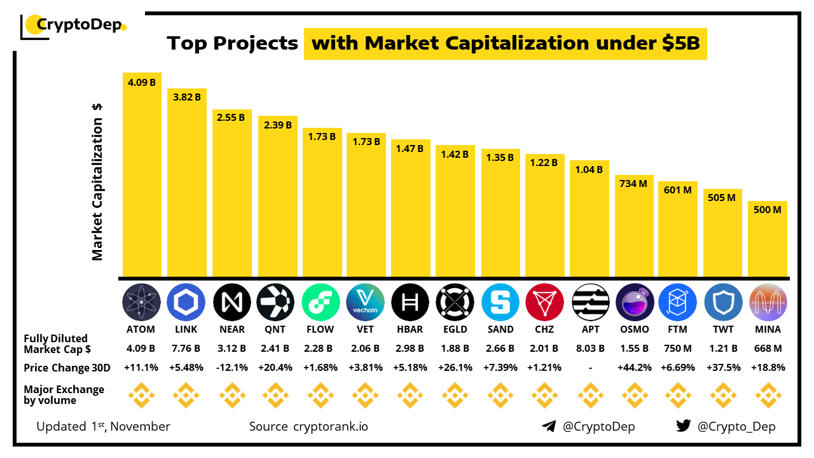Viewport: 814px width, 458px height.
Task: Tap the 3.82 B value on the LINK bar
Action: tap(186, 97)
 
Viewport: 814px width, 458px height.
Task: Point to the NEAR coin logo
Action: tap(231, 302)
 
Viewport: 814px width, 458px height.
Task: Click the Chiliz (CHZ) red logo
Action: tap(544, 302)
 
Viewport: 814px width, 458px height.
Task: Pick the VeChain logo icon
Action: tap(366, 302)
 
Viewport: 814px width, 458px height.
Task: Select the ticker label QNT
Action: tap(276, 330)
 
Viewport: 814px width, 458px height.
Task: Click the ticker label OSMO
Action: tap(634, 330)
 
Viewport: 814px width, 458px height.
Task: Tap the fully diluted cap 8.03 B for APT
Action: tap(589, 349)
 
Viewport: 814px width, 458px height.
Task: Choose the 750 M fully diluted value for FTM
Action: tap(679, 349)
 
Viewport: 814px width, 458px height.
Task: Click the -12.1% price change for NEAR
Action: tap(231, 368)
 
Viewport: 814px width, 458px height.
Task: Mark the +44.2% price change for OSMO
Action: tap(634, 368)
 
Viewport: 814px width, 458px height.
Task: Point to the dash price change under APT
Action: tap(589, 368)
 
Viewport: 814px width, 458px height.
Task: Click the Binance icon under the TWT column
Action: tap(723, 395)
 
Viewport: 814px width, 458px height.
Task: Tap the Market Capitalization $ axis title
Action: tap(97, 181)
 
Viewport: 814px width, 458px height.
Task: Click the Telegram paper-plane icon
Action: tap(549, 426)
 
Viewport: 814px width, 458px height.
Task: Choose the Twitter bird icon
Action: tap(684, 426)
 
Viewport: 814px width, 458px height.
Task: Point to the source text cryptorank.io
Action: tap(330, 426)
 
